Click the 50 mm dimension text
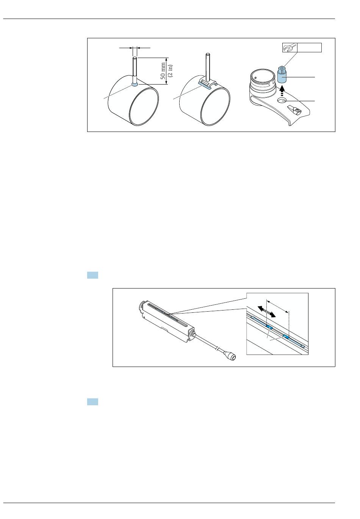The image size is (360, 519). click(163, 71)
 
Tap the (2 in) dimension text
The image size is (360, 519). click(170, 71)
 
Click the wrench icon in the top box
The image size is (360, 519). click(290, 47)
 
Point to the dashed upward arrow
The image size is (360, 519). click(282, 91)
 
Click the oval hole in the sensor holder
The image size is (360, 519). click(282, 100)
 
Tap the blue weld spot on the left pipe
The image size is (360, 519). click(135, 84)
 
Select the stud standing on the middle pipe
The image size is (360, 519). click(208, 67)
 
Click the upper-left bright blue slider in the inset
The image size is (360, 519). click(269, 327)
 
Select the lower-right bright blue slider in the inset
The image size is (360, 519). click(286, 336)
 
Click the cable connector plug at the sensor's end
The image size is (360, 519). click(230, 356)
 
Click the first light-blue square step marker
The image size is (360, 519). click(92, 275)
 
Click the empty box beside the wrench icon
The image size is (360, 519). click(309, 47)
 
